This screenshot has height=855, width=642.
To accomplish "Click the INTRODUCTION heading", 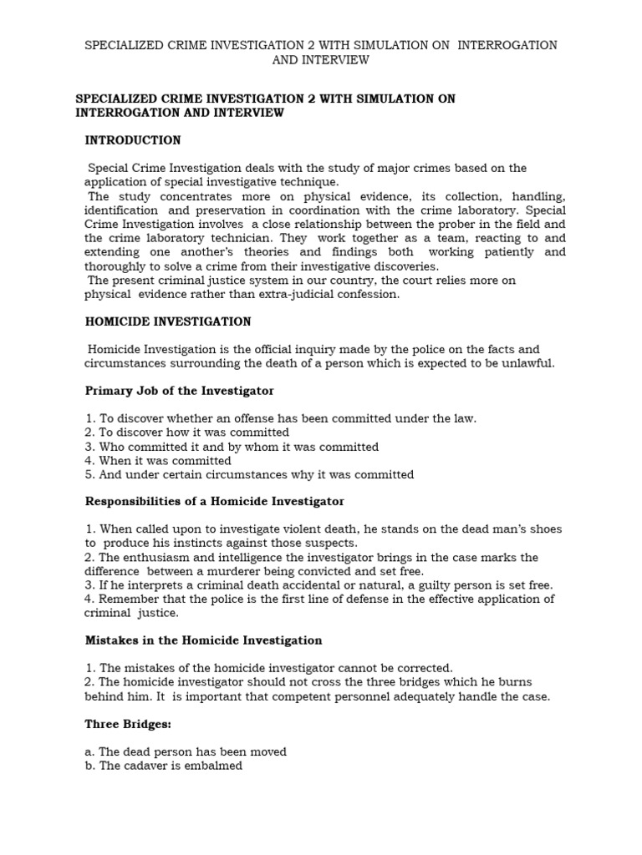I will (134, 139).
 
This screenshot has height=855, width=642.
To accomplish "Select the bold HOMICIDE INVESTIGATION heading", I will (167, 321).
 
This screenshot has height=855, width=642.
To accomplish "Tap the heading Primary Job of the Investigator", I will (180, 390).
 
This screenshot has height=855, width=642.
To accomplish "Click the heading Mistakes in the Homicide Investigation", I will (204, 640).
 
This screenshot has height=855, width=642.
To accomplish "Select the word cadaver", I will (147, 766).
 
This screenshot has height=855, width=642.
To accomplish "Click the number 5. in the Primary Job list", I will (89, 474).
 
